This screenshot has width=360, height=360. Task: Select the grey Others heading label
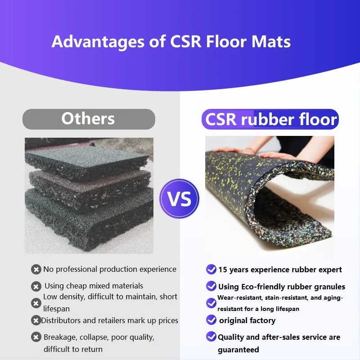[88, 119]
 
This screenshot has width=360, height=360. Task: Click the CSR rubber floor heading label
[270, 119]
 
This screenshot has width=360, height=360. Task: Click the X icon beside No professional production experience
[36, 270]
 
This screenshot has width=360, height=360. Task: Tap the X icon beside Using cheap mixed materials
[36, 286]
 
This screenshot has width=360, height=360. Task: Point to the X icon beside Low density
[36, 303]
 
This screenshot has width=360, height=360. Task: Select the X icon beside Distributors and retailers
[36, 320]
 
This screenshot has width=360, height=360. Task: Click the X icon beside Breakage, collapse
[36, 337]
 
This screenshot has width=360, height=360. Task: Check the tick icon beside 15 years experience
[211, 270]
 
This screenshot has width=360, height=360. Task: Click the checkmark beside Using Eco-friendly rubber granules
[211, 286]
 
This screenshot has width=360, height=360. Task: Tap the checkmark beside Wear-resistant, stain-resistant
[211, 303]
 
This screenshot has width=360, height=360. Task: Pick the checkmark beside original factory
[211, 320]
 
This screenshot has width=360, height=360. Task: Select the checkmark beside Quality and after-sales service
[211, 337]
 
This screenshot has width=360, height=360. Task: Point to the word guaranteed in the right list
[238, 350]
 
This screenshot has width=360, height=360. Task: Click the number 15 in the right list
[222, 270]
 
